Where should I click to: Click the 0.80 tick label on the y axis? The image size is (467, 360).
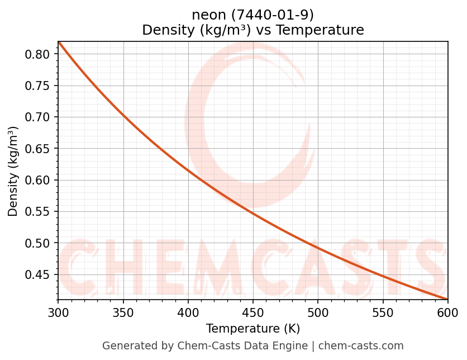tap(40, 54)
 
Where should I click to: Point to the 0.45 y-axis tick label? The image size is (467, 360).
tap(40, 274)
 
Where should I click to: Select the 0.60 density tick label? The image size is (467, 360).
tap(40, 180)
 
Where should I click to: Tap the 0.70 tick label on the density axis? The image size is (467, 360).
tap(40, 117)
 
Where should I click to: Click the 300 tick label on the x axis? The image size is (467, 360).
tap(58, 312)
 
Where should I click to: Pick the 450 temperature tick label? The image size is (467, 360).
tap(253, 312)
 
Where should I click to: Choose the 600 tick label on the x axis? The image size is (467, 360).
tap(447, 312)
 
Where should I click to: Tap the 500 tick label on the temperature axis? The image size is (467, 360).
tap(318, 312)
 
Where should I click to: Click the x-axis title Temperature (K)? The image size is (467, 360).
tap(252, 329)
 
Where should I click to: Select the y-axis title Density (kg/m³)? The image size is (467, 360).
tap(13, 171)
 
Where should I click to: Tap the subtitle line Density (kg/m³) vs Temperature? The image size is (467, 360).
tap(252, 30)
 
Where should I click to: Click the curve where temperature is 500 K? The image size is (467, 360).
tap(318, 247)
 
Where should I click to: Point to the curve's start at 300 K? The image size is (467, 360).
tap(59, 42)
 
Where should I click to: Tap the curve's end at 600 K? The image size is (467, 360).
tap(447, 299)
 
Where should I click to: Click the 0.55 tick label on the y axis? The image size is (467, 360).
tap(40, 212)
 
